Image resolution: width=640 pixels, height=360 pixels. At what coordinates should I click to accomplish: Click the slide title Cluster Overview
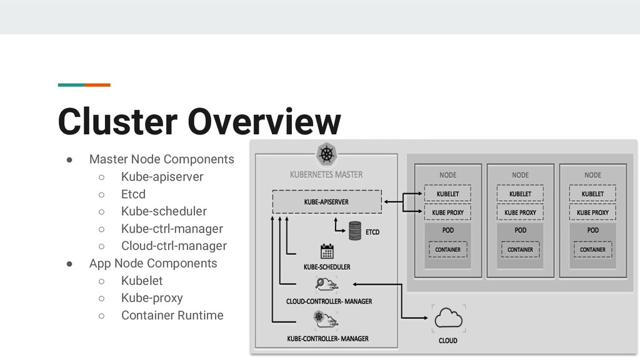199,121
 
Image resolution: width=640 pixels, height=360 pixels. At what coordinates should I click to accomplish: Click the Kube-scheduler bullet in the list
164,211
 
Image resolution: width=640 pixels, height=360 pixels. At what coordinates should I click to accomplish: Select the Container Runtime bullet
172,315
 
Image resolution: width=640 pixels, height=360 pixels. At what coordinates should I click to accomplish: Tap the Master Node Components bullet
161,159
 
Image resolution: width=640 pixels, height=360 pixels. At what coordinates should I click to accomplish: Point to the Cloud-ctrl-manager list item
174,246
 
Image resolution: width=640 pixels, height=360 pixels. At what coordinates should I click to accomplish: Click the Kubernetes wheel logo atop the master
325,154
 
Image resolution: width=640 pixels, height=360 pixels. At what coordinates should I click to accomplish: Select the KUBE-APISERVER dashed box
326,202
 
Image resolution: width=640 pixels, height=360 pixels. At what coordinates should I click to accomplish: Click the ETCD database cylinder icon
355,231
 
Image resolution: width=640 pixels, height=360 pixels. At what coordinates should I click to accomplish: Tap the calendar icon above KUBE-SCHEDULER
327,251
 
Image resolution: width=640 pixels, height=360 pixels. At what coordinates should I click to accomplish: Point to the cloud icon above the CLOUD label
447,318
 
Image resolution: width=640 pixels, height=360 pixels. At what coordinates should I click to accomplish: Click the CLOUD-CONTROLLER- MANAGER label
329,301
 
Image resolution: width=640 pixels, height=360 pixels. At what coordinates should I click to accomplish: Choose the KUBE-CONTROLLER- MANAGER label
327,339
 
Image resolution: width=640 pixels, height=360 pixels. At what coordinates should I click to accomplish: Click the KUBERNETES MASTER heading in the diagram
326,174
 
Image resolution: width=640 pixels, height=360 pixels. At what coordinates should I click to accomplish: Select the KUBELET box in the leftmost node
447,194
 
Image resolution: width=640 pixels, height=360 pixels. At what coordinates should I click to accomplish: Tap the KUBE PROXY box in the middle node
520,212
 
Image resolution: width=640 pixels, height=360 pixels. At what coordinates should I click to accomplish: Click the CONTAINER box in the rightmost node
592,249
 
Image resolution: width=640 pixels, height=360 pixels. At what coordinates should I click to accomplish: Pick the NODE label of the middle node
520,175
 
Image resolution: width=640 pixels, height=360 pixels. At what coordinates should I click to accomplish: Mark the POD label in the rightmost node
592,230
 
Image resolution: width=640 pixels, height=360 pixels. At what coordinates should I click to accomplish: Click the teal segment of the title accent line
71,84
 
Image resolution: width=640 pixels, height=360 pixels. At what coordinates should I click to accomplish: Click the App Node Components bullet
152,263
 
